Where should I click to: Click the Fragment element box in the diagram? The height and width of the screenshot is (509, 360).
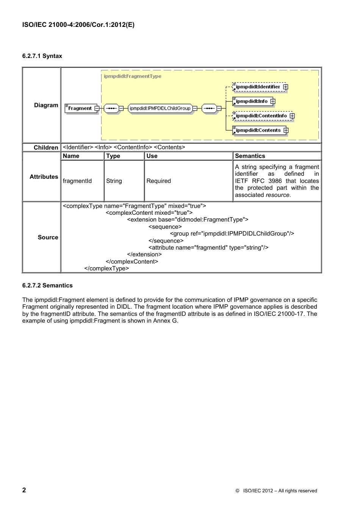(x=80, y=108)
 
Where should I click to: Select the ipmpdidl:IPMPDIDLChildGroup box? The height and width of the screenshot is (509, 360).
(x=160, y=108)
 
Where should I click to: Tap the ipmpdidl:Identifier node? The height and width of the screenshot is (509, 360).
(x=257, y=87)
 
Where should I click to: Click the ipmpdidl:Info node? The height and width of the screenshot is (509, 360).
(x=251, y=101)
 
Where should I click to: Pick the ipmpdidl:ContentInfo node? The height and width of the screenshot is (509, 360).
(x=261, y=116)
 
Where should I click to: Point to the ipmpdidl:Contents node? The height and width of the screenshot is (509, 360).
(x=258, y=130)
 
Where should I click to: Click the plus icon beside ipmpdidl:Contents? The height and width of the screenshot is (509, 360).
(x=286, y=130)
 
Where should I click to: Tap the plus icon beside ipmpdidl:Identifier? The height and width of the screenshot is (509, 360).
(x=286, y=87)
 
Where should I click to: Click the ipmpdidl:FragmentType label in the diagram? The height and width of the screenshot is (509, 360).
(x=132, y=76)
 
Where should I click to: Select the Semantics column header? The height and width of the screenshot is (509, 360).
(x=250, y=156)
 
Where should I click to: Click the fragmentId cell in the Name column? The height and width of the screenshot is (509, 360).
(x=77, y=181)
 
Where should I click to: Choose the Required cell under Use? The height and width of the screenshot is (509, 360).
(x=158, y=181)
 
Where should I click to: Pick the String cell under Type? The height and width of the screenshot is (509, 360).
(x=114, y=181)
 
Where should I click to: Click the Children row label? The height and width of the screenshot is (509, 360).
(x=46, y=148)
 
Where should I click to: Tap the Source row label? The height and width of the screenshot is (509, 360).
(x=48, y=237)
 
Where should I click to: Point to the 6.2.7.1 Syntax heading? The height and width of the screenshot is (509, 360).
(x=42, y=56)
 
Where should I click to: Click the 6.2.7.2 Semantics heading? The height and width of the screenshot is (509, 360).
(x=47, y=286)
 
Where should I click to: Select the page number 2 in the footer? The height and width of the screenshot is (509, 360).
(x=24, y=490)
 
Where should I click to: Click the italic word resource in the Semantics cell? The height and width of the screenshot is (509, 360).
(x=277, y=195)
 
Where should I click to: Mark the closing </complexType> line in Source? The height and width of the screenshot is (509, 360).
(x=106, y=269)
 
